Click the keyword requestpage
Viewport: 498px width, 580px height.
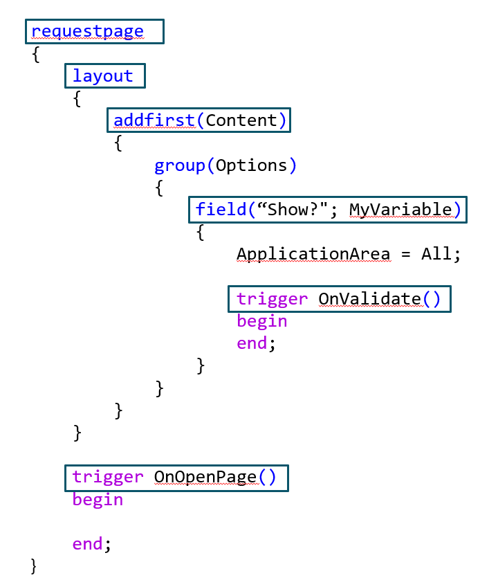pos(87,32)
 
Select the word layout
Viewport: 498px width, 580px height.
pos(103,76)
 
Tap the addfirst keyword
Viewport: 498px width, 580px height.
pos(154,120)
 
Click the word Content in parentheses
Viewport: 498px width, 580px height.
pos(241,120)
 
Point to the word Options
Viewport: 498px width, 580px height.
pos(251,165)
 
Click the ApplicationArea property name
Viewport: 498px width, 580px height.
pos(313,254)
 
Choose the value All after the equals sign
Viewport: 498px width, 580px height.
pos(436,254)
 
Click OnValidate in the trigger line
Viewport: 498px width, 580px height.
pos(369,299)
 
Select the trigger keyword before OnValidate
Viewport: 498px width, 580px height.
pos(272,299)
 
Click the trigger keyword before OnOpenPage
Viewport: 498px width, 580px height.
pos(108,477)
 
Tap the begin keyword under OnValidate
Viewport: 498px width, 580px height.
pos(261,321)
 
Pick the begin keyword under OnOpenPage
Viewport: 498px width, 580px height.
pos(98,500)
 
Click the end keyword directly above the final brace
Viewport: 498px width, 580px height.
pos(88,544)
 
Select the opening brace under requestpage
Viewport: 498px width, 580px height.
pos(36,55)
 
